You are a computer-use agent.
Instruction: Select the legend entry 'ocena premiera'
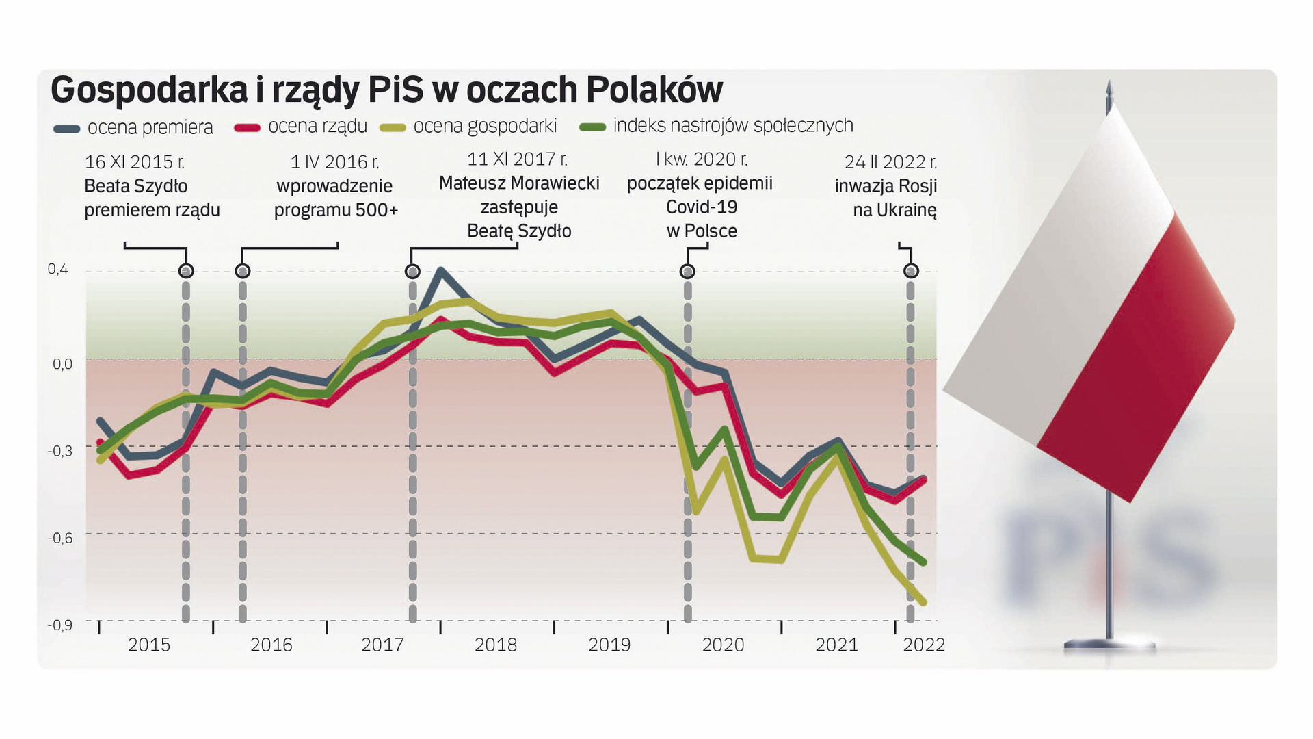coord(150,127)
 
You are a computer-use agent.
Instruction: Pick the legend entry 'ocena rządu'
coord(317,126)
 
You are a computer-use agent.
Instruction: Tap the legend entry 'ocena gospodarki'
coord(485,126)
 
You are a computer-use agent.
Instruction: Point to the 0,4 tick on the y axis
coord(58,270)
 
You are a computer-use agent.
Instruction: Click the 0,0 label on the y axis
coord(62,364)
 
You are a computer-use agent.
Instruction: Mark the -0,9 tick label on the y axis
coord(59,625)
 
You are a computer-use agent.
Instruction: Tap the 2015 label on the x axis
coord(149,645)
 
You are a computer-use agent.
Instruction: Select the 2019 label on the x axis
coord(609,645)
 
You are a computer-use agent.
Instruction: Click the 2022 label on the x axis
coord(924,645)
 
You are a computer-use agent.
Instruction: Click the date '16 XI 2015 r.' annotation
coord(135,162)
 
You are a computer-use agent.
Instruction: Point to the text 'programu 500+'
coord(336,210)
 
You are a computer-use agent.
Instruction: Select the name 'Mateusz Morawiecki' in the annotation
coord(519,183)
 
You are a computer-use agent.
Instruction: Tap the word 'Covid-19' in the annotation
coord(702,207)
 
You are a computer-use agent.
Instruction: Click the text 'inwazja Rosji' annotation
coord(886,186)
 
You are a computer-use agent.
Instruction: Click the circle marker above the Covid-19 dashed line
coord(687,272)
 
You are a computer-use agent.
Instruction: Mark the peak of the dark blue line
coord(440,271)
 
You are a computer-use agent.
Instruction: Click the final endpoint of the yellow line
coord(924,603)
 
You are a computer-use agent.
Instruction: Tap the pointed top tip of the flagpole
coord(1109,83)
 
